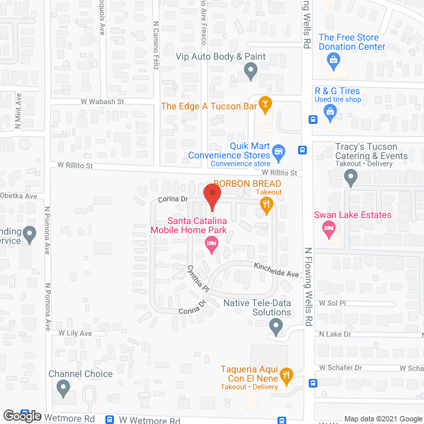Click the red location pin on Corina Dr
[x=211, y=195]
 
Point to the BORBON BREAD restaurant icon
[x=266, y=205]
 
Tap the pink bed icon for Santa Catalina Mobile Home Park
[x=211, y=246]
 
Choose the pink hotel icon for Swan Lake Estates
[x=328, y=229]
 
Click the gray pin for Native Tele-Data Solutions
[x=277, y=325]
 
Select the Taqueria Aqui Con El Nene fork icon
[x=286, y=376]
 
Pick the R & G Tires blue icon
[x=330, y=113]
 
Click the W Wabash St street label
[x=102, y=102]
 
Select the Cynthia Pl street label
[x=198, y=278]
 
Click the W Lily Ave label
[x=75, y=333]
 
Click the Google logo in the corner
[x=21, y=416]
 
